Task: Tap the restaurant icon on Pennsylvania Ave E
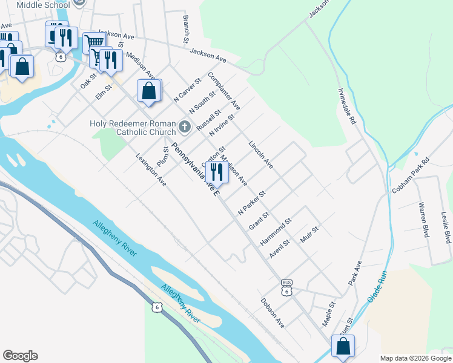pyautogui.click(x=216, y=172)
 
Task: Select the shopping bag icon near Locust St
pyautogui.click(x=343, y=346)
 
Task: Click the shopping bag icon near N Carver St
pyautogui.click(x=149, y=91)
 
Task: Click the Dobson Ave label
pyautogui.click(x=273, y=313)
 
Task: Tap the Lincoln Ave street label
pyautogui.click(x=261, y=154)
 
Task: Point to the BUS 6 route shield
pyautogui.click(x=286, y=287)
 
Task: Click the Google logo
pyautogui.click(x=20, y=356)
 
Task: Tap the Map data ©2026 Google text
pyautogui.click(x=415, y=358)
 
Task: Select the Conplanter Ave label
pyautogui.click(x=223, y=91)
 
